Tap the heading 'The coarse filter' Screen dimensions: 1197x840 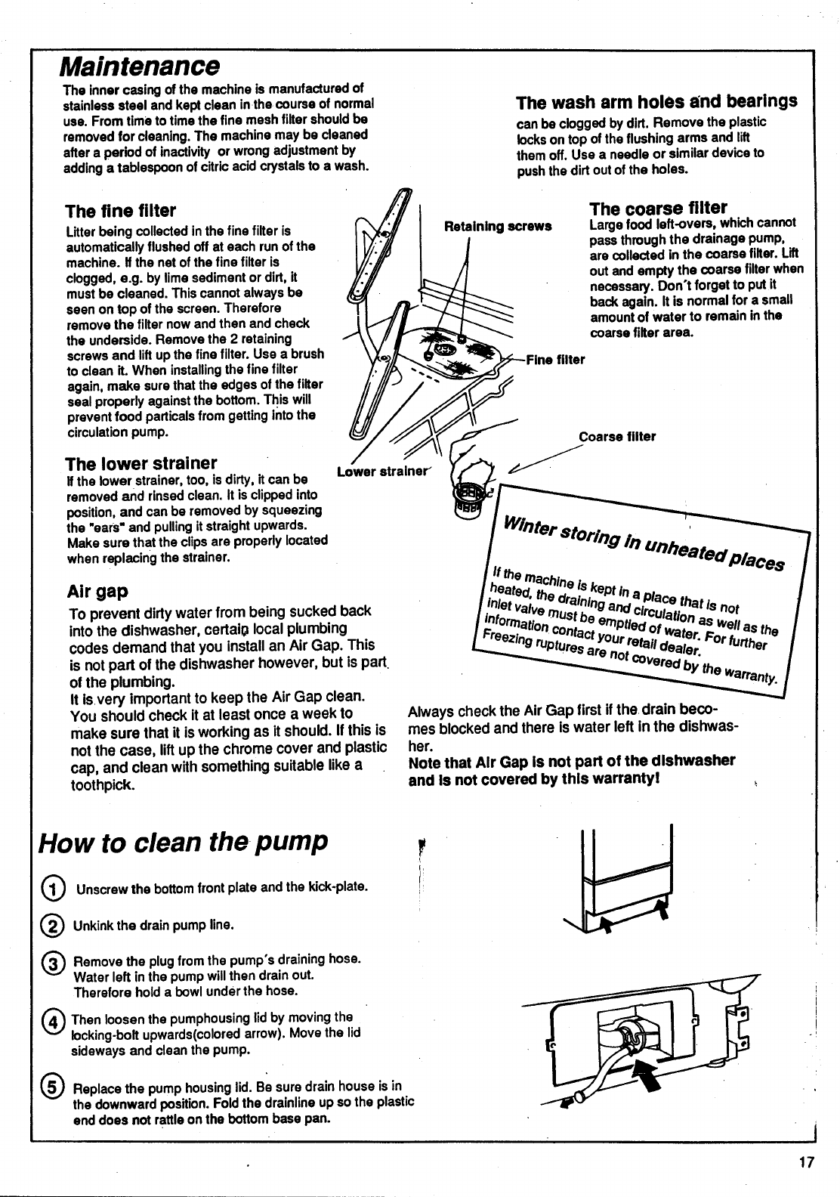click(658, 208)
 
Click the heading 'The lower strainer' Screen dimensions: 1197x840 click(141, 462)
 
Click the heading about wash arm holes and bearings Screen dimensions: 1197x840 click(656, 102)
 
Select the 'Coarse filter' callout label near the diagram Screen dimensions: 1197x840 click(617, 437)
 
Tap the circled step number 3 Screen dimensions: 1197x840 click(55, 965)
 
